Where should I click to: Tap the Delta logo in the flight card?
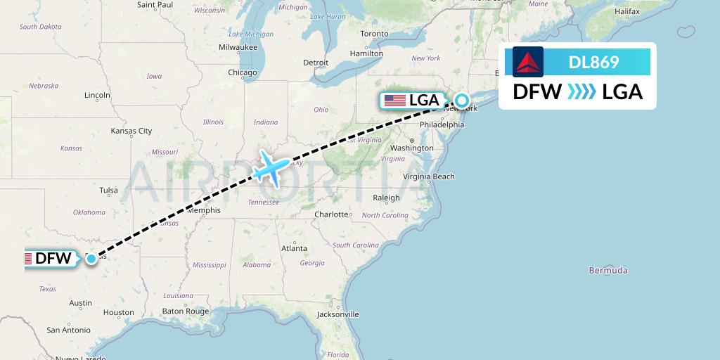pos(528,62)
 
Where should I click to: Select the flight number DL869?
pos(593,62)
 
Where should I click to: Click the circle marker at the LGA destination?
pos(461,100)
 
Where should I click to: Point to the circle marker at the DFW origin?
pos(91,259)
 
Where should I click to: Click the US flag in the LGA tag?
pos(395,101)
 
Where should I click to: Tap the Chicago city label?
pos(242,72)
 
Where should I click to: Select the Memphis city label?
pos(203,210)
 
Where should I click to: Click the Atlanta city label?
pos(294,248)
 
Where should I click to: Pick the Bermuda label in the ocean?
pos(608,270)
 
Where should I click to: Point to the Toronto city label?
pos(374,34)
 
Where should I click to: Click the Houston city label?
pos(118,312)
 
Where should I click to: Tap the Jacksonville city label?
pos(337,314)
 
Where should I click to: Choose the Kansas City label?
pos(131,131)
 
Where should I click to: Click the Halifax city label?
pos(626,11)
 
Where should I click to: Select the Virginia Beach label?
pos(429,177)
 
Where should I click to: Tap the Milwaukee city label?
pos(238,47)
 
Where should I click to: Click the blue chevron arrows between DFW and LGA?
pos(581,91)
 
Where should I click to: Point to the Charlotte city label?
pos(331,214)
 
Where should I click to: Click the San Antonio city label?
pos(68,330)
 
